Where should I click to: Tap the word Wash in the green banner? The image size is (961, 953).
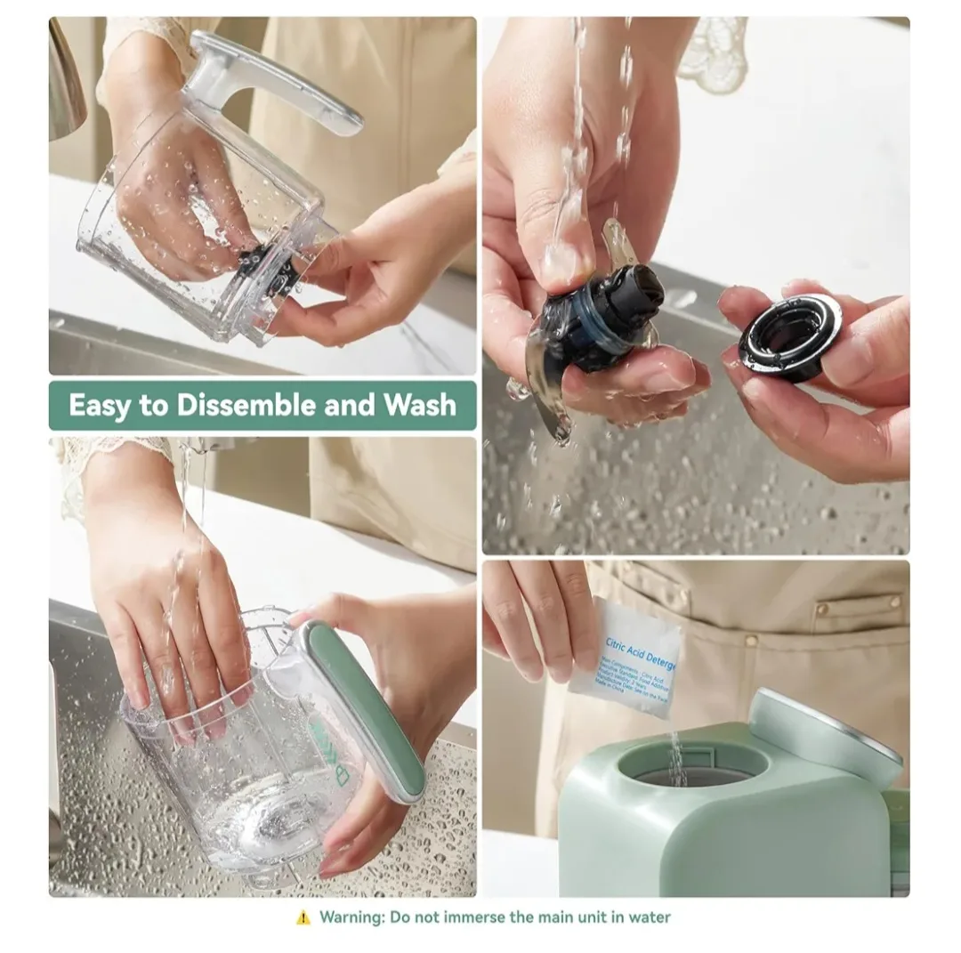tap(419, 406)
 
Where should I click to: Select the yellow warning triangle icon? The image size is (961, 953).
tap(303, 917)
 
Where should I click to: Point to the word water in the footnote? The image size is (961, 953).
tap(650, 917)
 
